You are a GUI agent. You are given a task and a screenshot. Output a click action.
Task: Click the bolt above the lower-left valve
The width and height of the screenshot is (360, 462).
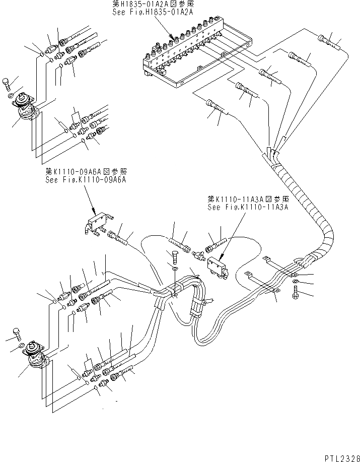[x=17, y=332]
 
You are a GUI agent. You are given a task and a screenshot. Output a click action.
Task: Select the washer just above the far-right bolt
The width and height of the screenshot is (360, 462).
[x=296, y=281]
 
